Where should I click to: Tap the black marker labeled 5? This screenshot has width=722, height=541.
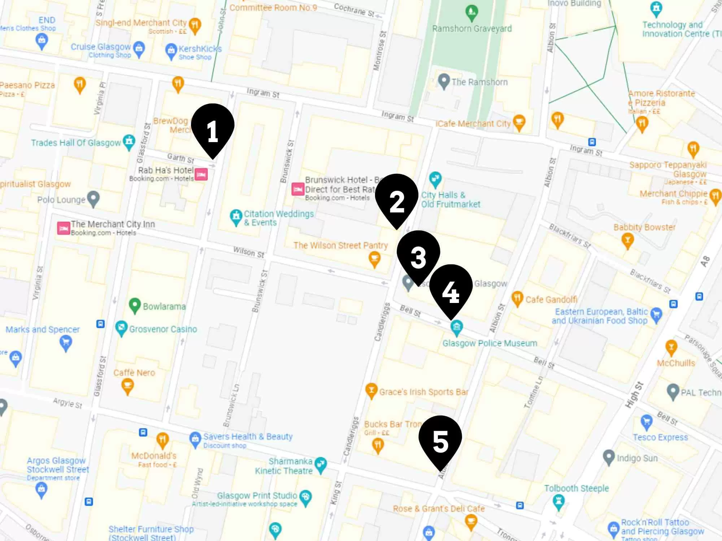tap(440, 441)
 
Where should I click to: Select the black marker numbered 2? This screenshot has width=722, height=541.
tap(396, 199)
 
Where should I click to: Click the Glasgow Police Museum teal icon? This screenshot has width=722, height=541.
tap(457, 326)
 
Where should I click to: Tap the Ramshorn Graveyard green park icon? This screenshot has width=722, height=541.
tap(471, 13)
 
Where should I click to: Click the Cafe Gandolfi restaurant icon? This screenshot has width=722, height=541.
tap(517, 298)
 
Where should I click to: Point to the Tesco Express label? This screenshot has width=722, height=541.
tap(660, 437)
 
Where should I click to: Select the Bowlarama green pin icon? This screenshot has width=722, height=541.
tap(135, 305)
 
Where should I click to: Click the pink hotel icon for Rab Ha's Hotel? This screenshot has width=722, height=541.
tap(201, 175)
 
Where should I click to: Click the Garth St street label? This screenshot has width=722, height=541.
tap(180, 158)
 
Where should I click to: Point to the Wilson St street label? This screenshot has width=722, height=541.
tap(248, 252)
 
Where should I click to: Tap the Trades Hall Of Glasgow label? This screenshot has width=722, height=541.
tap(76, 143)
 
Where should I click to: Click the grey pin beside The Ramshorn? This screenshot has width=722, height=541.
tap(444, 81)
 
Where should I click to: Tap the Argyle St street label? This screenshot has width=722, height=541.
tap(68, 403)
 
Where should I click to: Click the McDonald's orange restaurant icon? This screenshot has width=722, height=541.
tap(162, 440)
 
